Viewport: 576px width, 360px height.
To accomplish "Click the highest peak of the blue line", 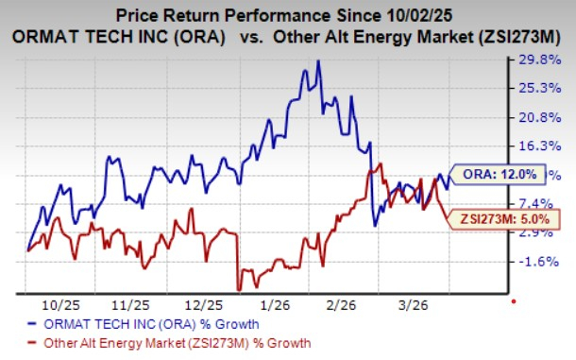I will [318, 61].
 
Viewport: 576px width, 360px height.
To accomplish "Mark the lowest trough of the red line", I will [239, 289].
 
